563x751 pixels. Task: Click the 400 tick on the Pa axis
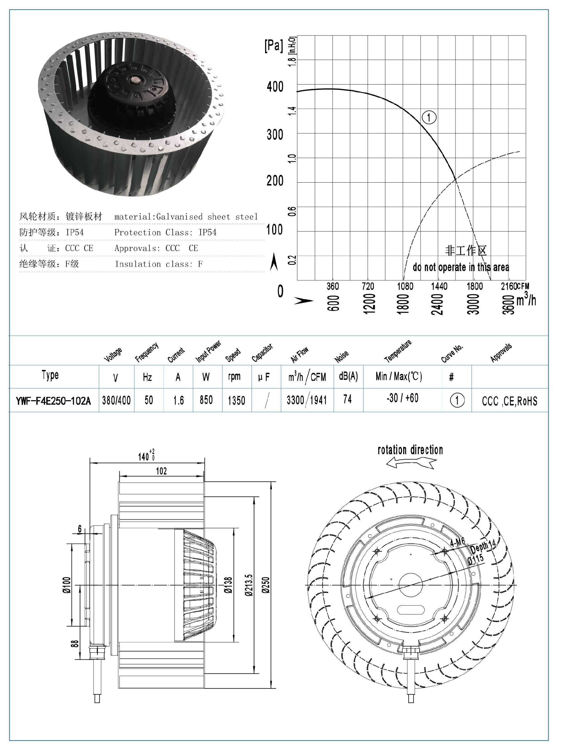(x=275, y=87)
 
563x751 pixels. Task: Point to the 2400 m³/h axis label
(x=437, y=304)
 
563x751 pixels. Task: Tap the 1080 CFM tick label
(x=405, y=286)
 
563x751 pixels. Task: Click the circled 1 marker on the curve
(x=429, y=117)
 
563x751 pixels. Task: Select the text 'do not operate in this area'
(x=461, y=267)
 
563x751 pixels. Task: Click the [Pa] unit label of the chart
(x=273, y=46)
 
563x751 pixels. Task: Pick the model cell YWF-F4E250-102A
(x=53, y=401)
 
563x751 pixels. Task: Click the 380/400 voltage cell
(x=116, y=400)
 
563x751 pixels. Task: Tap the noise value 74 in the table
(x=347, y=399)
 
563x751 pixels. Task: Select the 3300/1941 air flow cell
(x=307, y=400)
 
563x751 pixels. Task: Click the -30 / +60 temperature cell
(x=402, y=398)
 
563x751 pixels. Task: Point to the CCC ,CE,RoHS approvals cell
(x=509, y=401)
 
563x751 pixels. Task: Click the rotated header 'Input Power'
(x=208, y=351)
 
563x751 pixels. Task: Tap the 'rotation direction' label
(x=410, y=450)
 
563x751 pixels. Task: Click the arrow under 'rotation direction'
(x=411, y=462)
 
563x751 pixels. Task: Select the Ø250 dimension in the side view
(x=266, y=585)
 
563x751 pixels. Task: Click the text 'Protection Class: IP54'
(x=165, y=232)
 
